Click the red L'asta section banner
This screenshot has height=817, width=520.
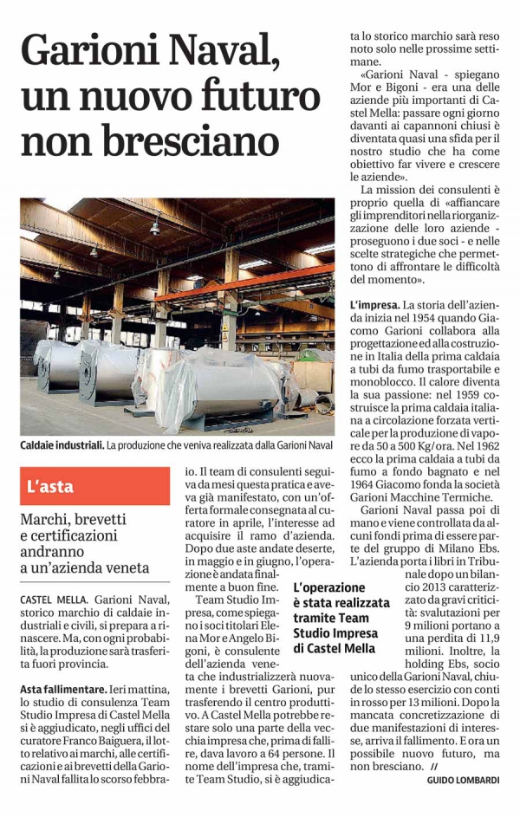95,487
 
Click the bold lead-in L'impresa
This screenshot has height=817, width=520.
374,306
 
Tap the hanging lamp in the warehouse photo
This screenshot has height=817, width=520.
154,228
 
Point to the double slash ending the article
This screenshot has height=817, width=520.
435,766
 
